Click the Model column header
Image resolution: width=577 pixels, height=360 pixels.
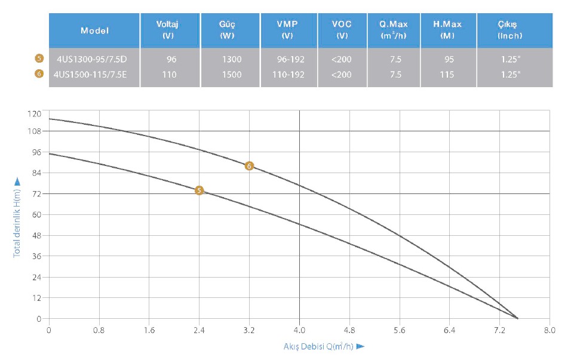(x=94, y=30)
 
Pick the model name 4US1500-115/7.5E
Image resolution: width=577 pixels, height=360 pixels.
(x=90, y=75)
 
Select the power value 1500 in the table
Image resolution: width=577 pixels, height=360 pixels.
(x=231, y=75)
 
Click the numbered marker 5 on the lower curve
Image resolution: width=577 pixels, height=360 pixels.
(x=200, y=190)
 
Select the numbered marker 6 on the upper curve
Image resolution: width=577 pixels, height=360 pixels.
(x=249, y=166)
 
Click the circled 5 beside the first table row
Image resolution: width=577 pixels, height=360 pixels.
(x=39, y=59)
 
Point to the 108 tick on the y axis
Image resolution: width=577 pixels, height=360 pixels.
(x=35, y=131)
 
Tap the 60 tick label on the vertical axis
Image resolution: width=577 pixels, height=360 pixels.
(x=37, y=214)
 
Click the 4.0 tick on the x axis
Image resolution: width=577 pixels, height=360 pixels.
(x=299, y=330)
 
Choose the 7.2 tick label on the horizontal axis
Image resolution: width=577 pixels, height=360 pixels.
(x=500, y=330)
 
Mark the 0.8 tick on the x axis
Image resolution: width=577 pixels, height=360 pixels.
(x=99, y=330)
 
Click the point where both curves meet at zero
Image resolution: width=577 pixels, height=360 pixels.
(x=517, y=318)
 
